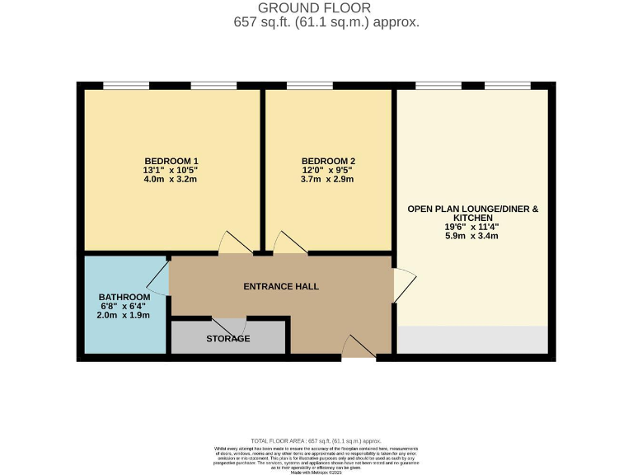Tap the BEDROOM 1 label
171,161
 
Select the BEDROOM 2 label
328,161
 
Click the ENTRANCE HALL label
281,287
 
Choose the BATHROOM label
124,297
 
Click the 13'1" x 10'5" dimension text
171,171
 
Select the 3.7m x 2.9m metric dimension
328,181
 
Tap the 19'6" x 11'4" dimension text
473,226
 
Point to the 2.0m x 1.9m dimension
124,316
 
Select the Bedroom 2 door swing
288,243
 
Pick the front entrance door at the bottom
359,347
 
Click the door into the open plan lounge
404,285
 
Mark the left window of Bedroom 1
126,85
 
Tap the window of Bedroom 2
309,85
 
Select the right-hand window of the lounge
508,85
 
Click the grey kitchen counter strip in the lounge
472,339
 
